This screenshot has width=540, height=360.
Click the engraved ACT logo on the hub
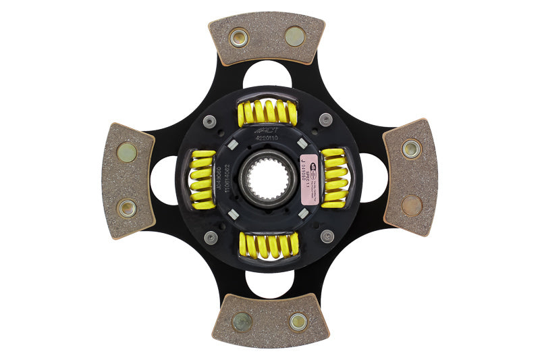pyautogui.click(x=265, y=130)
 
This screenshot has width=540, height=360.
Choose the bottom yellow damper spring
pyautogui.click(x=269, y=246)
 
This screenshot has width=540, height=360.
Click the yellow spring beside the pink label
pyautogui.click(x=333, y=178)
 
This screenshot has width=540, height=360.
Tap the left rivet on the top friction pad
pyautogui.click(x=239, y=37)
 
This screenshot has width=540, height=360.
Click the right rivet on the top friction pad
pyautogui.click(x=294, y=36)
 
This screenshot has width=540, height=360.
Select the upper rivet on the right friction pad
pyautogui.click(x=411, y=148)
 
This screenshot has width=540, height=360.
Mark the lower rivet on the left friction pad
pyautogui.click(x=126, y=208)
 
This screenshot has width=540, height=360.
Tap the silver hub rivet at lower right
pyautogui.click(x=327, y=236)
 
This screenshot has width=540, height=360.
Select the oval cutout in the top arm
pyautogui.click(x=267, y=74)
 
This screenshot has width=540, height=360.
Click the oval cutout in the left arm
pyautogui.click(x=164, y=180)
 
